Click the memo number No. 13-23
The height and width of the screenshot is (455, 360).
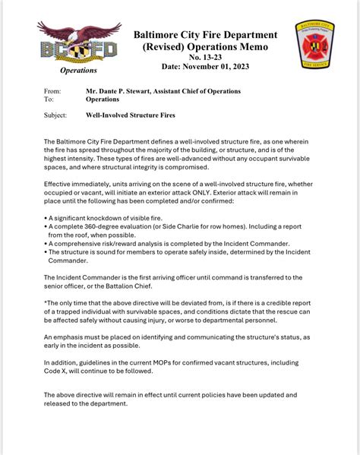coord(206,57)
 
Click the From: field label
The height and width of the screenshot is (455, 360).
coord(52,91)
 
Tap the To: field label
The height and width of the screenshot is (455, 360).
coord(49,100)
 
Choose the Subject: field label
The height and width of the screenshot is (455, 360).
coord(57,115)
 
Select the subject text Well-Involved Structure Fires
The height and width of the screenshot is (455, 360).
coord(131,115)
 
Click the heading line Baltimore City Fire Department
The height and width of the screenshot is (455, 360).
coord(205,35)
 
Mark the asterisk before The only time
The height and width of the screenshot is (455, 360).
coord(46,302)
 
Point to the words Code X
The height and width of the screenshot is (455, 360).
coord(58,372)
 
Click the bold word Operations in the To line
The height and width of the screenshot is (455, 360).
coord(103,100)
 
